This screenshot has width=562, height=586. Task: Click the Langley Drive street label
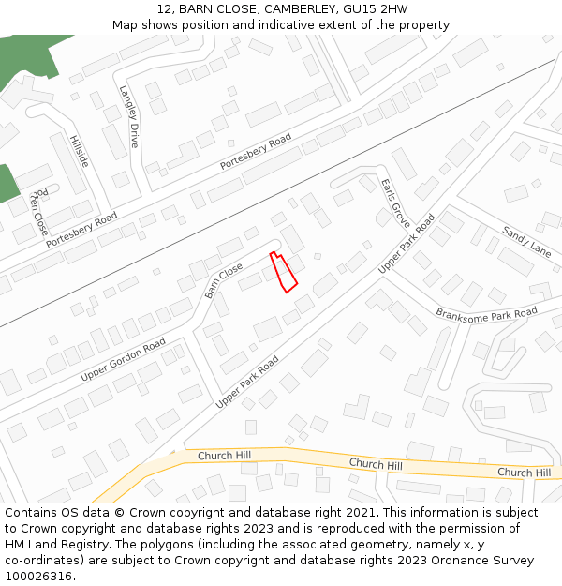click(x=128, y=116)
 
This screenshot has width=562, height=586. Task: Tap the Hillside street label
click(x=79, y=151)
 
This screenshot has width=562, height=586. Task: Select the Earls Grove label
click(x=395, y=203)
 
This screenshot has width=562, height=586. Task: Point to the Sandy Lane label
click(x=526, y=241)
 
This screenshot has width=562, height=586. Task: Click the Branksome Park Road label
click(x=486, y=312)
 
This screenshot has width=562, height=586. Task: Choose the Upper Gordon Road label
click(x=123, y=360)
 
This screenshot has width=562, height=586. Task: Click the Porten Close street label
click(x=38, y=213)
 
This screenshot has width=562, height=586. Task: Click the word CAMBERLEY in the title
click(x=299, y=8)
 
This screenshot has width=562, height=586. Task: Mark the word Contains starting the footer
click(x=32, y=513)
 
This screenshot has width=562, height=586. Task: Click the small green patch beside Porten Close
click(x=7, y=184)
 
